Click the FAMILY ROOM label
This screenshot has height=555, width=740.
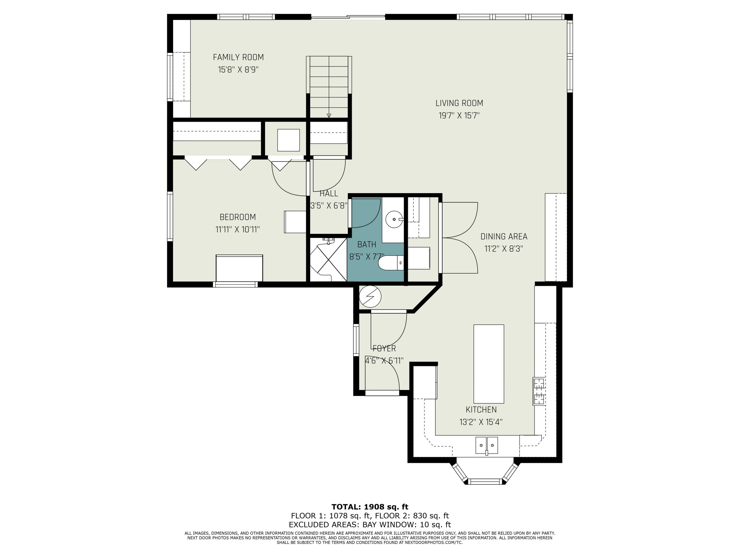(238, 57)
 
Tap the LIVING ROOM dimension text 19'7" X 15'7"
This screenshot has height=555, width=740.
(459, 115)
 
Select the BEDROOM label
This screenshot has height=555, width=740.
(238, 217)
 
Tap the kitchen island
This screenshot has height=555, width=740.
(489, 364)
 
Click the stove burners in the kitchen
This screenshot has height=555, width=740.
(539, 391)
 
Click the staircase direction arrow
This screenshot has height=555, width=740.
(329, 115)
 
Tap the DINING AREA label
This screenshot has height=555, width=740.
(504, 237)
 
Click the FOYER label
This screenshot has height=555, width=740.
(384, 348)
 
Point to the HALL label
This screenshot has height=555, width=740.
(329, 193)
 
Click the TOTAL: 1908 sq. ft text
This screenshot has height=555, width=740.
(370, 507)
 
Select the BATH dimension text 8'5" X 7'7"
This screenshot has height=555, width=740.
(367, 257)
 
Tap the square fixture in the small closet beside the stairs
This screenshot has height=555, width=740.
(288, 140)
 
